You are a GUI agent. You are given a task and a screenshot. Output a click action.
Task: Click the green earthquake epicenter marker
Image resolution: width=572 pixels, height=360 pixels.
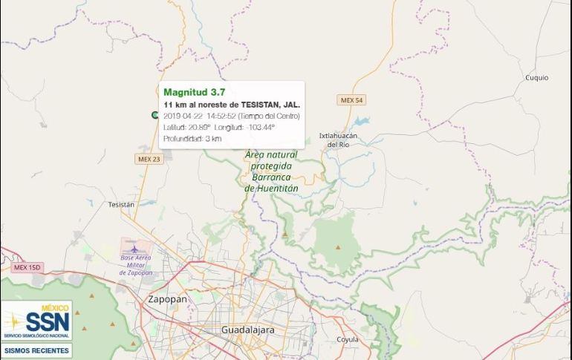click(155, 115)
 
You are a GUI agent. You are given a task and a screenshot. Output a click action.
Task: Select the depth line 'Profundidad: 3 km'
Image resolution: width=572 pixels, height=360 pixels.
click(192, 139)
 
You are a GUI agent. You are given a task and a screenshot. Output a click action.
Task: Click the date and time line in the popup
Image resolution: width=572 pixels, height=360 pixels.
click(231, 116)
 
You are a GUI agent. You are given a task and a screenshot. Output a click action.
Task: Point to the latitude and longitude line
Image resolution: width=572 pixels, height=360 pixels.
click(218, 128)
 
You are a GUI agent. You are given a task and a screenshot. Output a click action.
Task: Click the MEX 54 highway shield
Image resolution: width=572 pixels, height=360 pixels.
click(351, 100)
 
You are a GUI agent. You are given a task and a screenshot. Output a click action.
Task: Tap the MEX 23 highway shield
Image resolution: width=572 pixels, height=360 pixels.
click(149, 159)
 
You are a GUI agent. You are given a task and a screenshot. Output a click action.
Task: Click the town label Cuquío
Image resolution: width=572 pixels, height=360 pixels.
click(536, 77)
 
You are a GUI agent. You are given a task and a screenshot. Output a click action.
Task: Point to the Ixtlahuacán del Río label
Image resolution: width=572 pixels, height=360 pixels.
click(338, 140)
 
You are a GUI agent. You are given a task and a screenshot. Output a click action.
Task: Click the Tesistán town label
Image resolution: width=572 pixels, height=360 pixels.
click(121, 204)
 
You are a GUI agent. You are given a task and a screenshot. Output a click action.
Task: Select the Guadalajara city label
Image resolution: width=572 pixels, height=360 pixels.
click(248, 329)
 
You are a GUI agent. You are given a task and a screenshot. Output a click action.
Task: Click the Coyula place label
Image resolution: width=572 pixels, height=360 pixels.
click(347, 339)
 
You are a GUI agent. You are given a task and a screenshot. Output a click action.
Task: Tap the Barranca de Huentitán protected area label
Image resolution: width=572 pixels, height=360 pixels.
click(270, 171)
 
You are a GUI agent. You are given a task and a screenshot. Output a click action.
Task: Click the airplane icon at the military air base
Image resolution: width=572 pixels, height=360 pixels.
click(134, 248)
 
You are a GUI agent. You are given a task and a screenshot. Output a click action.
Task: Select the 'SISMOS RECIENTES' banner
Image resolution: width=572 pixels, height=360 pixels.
click(36, 350)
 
